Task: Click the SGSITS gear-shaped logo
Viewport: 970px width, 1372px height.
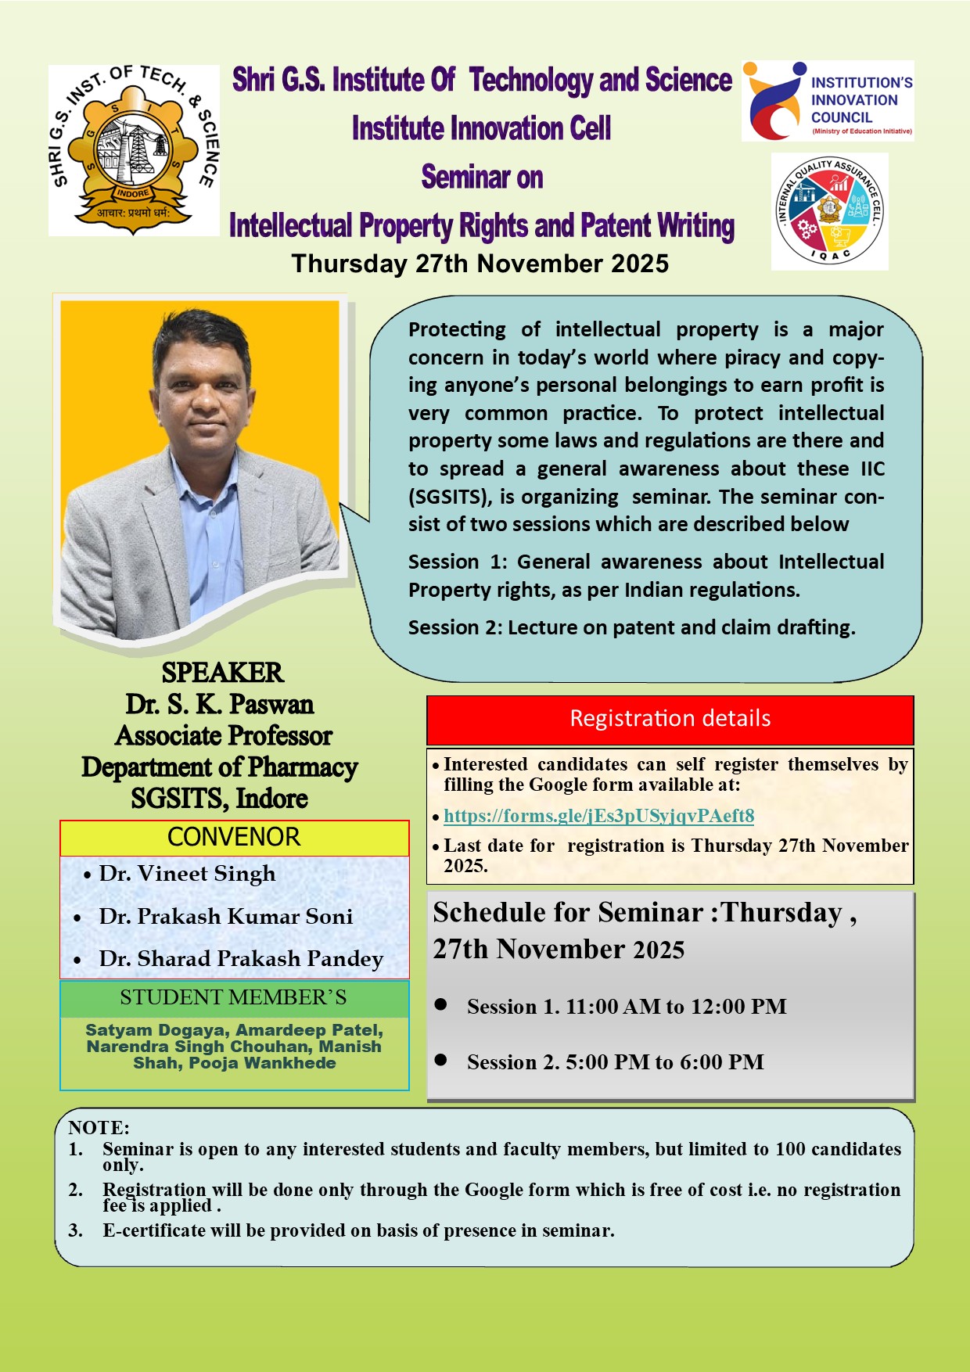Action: pyautogui.click(x=133, y=150)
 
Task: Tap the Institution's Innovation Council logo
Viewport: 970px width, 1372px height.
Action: pyautogui.click(x=828, y=101)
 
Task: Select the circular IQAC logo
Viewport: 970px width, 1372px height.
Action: pyautogui.click(x=829, y=211)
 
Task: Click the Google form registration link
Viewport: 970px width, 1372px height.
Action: pyautogui.click(x=598, y=816)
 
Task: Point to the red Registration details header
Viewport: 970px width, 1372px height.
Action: pyautogui.click(x=670, y=719)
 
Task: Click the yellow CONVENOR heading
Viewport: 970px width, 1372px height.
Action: pyautogui.click(x=234, y=837)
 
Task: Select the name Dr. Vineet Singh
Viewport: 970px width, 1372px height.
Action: pyautogui.click(x=187, y=874)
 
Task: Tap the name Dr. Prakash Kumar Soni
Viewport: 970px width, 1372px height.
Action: pyautogui.click(x=225, y=916)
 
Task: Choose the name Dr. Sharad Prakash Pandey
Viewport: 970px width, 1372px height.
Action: pyautogui.click(x=241, y=958)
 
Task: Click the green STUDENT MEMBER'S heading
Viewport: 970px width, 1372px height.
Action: pyautogui.click(x=233, y=997)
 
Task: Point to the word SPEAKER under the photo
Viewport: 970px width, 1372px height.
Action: pyautogui.click(x=222, y=673)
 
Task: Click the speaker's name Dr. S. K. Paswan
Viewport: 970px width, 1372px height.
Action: pyautogui.click(x=220, y=705)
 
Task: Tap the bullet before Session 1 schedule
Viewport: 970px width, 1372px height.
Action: pyautogui.click(x=440, y=1004)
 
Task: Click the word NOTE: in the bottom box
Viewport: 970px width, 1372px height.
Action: pyautogui.click(x=99, y=1128)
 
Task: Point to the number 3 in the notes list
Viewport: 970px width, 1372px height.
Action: pyautogui.click(x=75, y=1230)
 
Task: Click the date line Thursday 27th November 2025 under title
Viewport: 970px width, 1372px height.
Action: pyautogui.click(x=480, y=264)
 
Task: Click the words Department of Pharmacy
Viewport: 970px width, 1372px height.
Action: pyautogui.click(x=220, y=767)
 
